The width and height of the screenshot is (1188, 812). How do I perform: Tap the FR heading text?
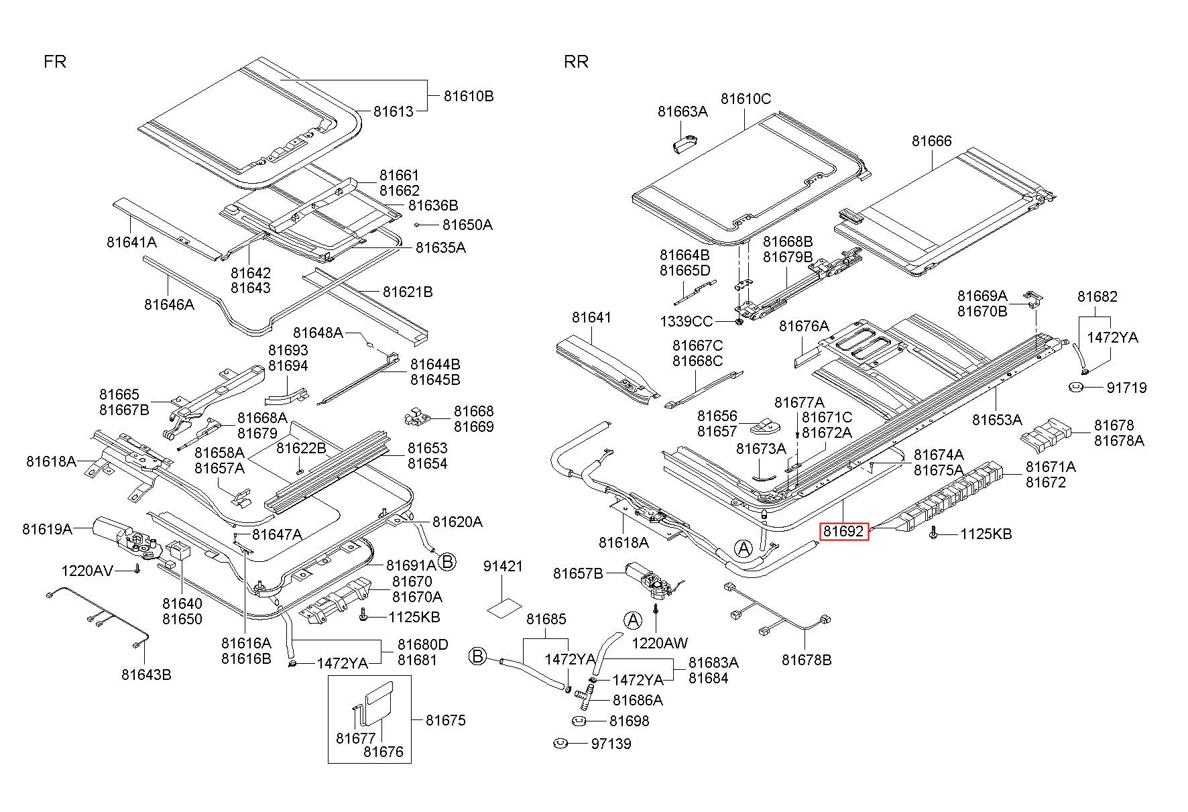coord(55,62)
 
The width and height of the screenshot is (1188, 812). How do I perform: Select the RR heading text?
coord(576,62)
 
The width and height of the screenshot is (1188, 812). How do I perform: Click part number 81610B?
coord(469,96)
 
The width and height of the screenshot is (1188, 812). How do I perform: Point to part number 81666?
coord(931,141)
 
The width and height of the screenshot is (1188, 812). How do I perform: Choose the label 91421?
coord(503,566)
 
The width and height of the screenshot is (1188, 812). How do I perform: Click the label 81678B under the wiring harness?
coord(807,660)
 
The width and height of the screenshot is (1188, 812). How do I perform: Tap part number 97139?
coord(611,744)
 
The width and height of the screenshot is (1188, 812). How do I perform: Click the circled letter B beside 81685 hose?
coord(477,656)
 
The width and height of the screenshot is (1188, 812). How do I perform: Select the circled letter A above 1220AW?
coord(632,620)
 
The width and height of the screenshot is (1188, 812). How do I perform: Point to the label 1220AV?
coord(87,571)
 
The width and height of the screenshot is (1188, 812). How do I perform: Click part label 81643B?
coord(146,675)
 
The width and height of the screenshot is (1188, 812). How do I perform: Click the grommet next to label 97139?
coord(560,744)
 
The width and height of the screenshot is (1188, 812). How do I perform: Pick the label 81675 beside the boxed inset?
coord(445,720)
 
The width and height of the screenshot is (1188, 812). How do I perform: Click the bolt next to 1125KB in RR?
coord(933,533)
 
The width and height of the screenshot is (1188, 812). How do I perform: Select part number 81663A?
coord(682,111)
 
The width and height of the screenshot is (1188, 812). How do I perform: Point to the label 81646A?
coord(169,304)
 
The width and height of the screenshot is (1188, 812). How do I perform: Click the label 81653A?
coord(997,420)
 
